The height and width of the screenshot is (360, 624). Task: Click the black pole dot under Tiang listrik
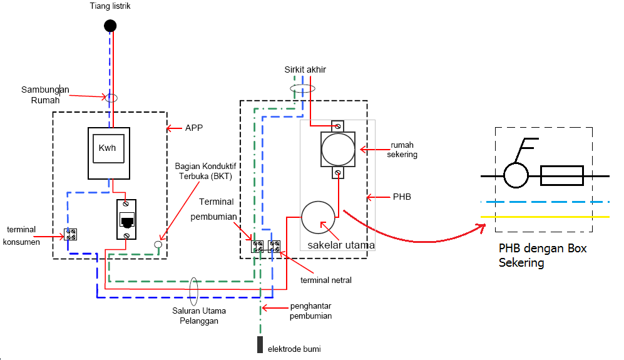point(110,26)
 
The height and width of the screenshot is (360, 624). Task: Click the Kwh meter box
point(109,153)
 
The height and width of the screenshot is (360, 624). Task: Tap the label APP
point(194,128)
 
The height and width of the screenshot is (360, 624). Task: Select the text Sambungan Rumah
point(45,95)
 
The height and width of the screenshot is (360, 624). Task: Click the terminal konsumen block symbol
point(71,234)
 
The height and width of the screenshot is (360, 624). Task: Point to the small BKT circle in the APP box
point(158,244)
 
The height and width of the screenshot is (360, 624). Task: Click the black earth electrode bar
point(260,344)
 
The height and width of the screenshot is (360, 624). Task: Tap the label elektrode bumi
point(294,349)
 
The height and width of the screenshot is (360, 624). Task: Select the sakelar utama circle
point(318,217)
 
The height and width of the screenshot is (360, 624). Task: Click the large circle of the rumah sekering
point(338,150)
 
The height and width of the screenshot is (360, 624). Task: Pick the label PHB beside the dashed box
point(402,197)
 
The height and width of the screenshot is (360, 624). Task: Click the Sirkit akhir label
point(305,69)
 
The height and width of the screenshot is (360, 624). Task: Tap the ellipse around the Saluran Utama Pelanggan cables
point(194,292)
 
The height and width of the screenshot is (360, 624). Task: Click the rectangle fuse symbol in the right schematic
point(562,176)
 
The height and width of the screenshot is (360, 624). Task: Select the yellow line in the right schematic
point(545,217)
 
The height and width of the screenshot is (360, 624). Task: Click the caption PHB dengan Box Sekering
point(543,255)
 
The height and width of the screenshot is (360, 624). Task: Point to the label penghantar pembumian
point(310,311)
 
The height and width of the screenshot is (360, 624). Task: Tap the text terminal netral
point(326,280)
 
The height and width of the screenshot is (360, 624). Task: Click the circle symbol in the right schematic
point(516,176)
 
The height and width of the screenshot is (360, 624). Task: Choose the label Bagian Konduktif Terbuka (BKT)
point(205,172)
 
